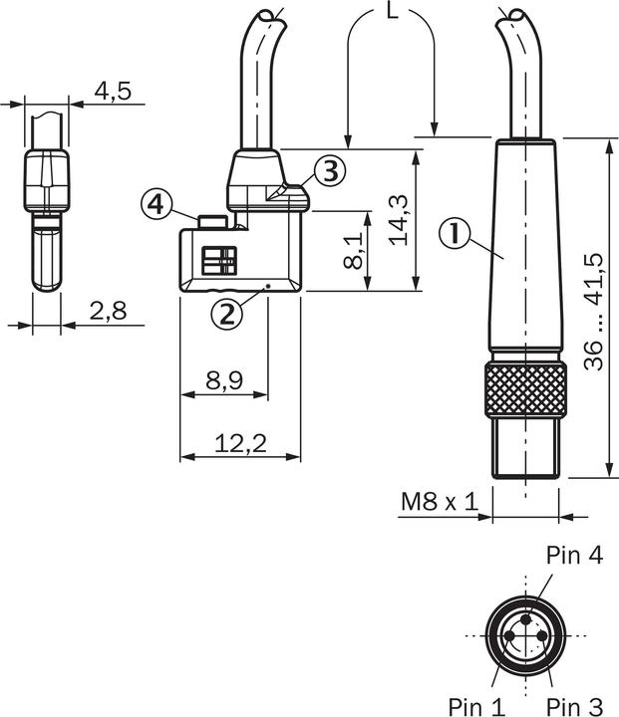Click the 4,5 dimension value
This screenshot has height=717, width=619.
coord(112,92)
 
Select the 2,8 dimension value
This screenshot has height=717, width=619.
coord(107,312)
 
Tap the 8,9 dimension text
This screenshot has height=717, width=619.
coord(222,379)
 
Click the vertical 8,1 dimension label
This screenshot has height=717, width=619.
coord(352,251)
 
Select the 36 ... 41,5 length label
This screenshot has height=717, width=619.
coord(594,311)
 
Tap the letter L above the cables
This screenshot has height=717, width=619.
coord(392,13)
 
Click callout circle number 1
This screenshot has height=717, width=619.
coord(454,235)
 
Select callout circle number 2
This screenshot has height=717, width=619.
coord(226,313)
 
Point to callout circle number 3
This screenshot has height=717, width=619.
coord(331,170)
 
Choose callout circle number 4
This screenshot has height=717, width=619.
coord(155,205)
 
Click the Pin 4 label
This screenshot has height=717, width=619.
coord(574,556)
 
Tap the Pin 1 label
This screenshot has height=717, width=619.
coord(476,705)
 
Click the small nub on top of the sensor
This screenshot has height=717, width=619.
coord(209,220)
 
